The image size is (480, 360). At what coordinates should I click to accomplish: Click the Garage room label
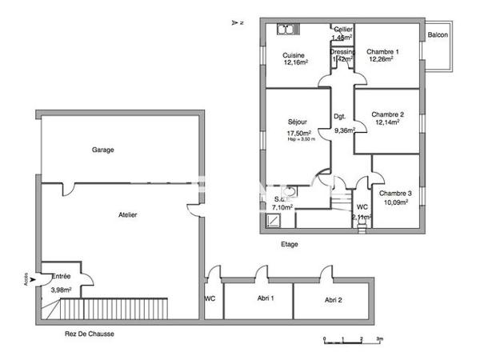102,150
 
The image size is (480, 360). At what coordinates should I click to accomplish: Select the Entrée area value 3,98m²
62,290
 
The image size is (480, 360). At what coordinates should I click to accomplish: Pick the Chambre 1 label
382,52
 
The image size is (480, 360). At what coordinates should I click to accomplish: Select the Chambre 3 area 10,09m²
395,202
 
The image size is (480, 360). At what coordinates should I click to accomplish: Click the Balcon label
438,35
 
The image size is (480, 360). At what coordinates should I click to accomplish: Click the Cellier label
343,29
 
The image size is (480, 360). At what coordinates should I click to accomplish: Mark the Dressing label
342,52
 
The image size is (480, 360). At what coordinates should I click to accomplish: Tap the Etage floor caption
290,244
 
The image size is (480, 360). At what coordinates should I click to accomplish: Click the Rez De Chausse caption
90,334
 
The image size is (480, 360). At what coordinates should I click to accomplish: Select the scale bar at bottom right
352,338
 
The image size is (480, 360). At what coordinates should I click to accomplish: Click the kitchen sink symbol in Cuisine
286,30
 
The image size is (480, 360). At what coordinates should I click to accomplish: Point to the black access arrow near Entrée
32,280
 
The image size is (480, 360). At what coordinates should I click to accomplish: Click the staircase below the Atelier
104,308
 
